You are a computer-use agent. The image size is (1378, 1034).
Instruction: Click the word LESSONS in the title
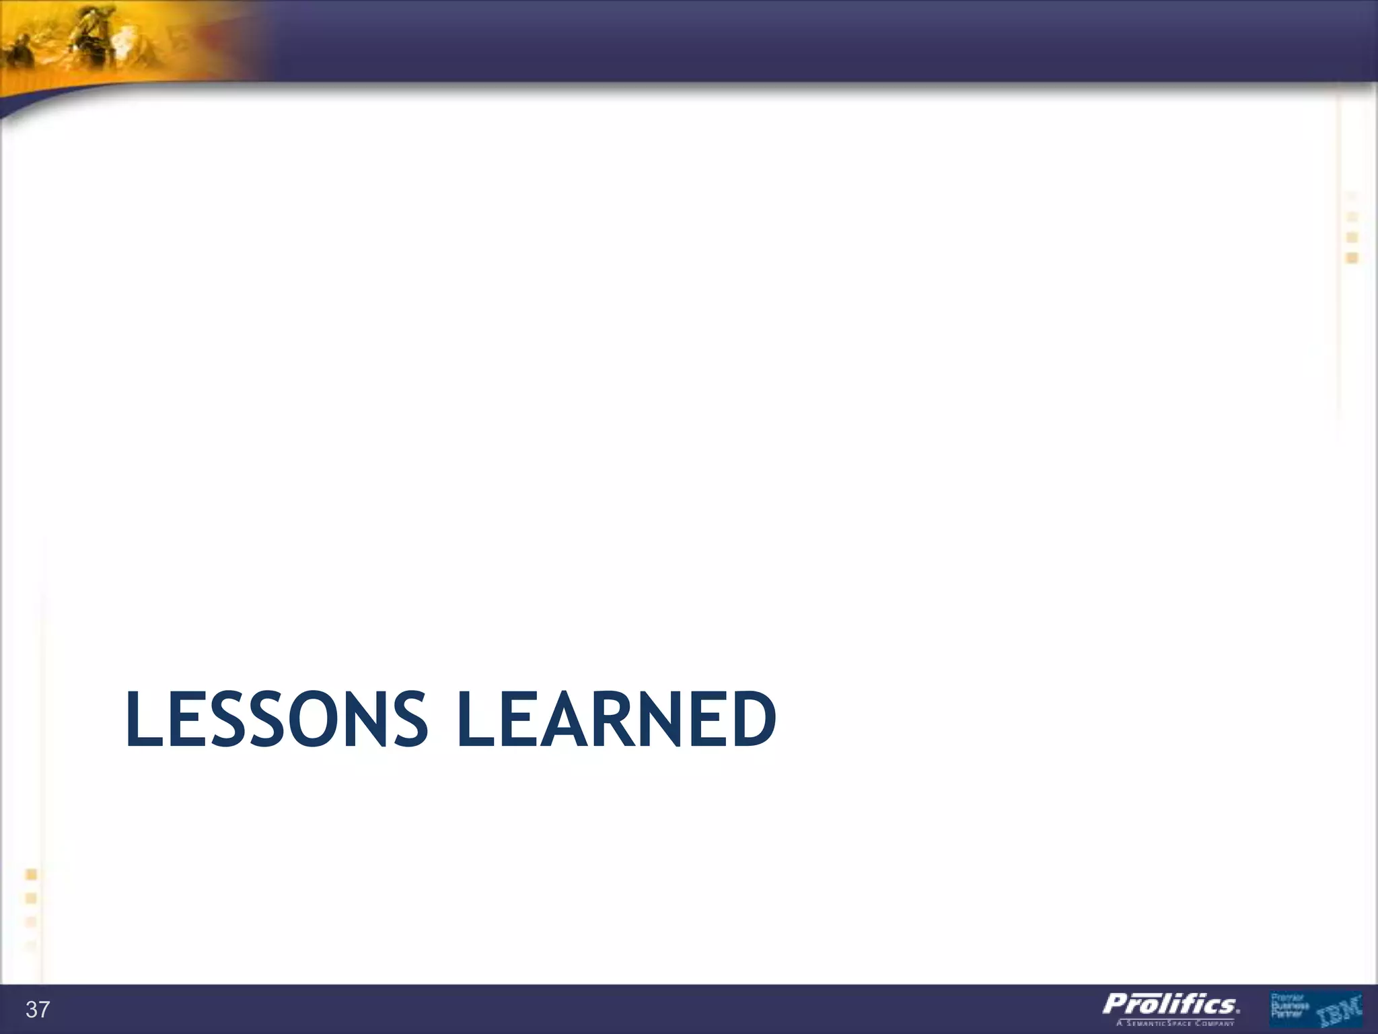click(277, 720)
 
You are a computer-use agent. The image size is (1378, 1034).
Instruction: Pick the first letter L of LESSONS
click(142, 720)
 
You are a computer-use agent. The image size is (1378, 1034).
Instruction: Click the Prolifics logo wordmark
click(1171, 1004)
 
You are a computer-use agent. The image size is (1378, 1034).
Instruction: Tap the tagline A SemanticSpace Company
click(1175, 1023)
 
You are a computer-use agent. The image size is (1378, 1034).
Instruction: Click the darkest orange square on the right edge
click(1352, 258)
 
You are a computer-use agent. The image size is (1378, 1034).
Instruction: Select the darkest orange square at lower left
click(31, 874)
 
